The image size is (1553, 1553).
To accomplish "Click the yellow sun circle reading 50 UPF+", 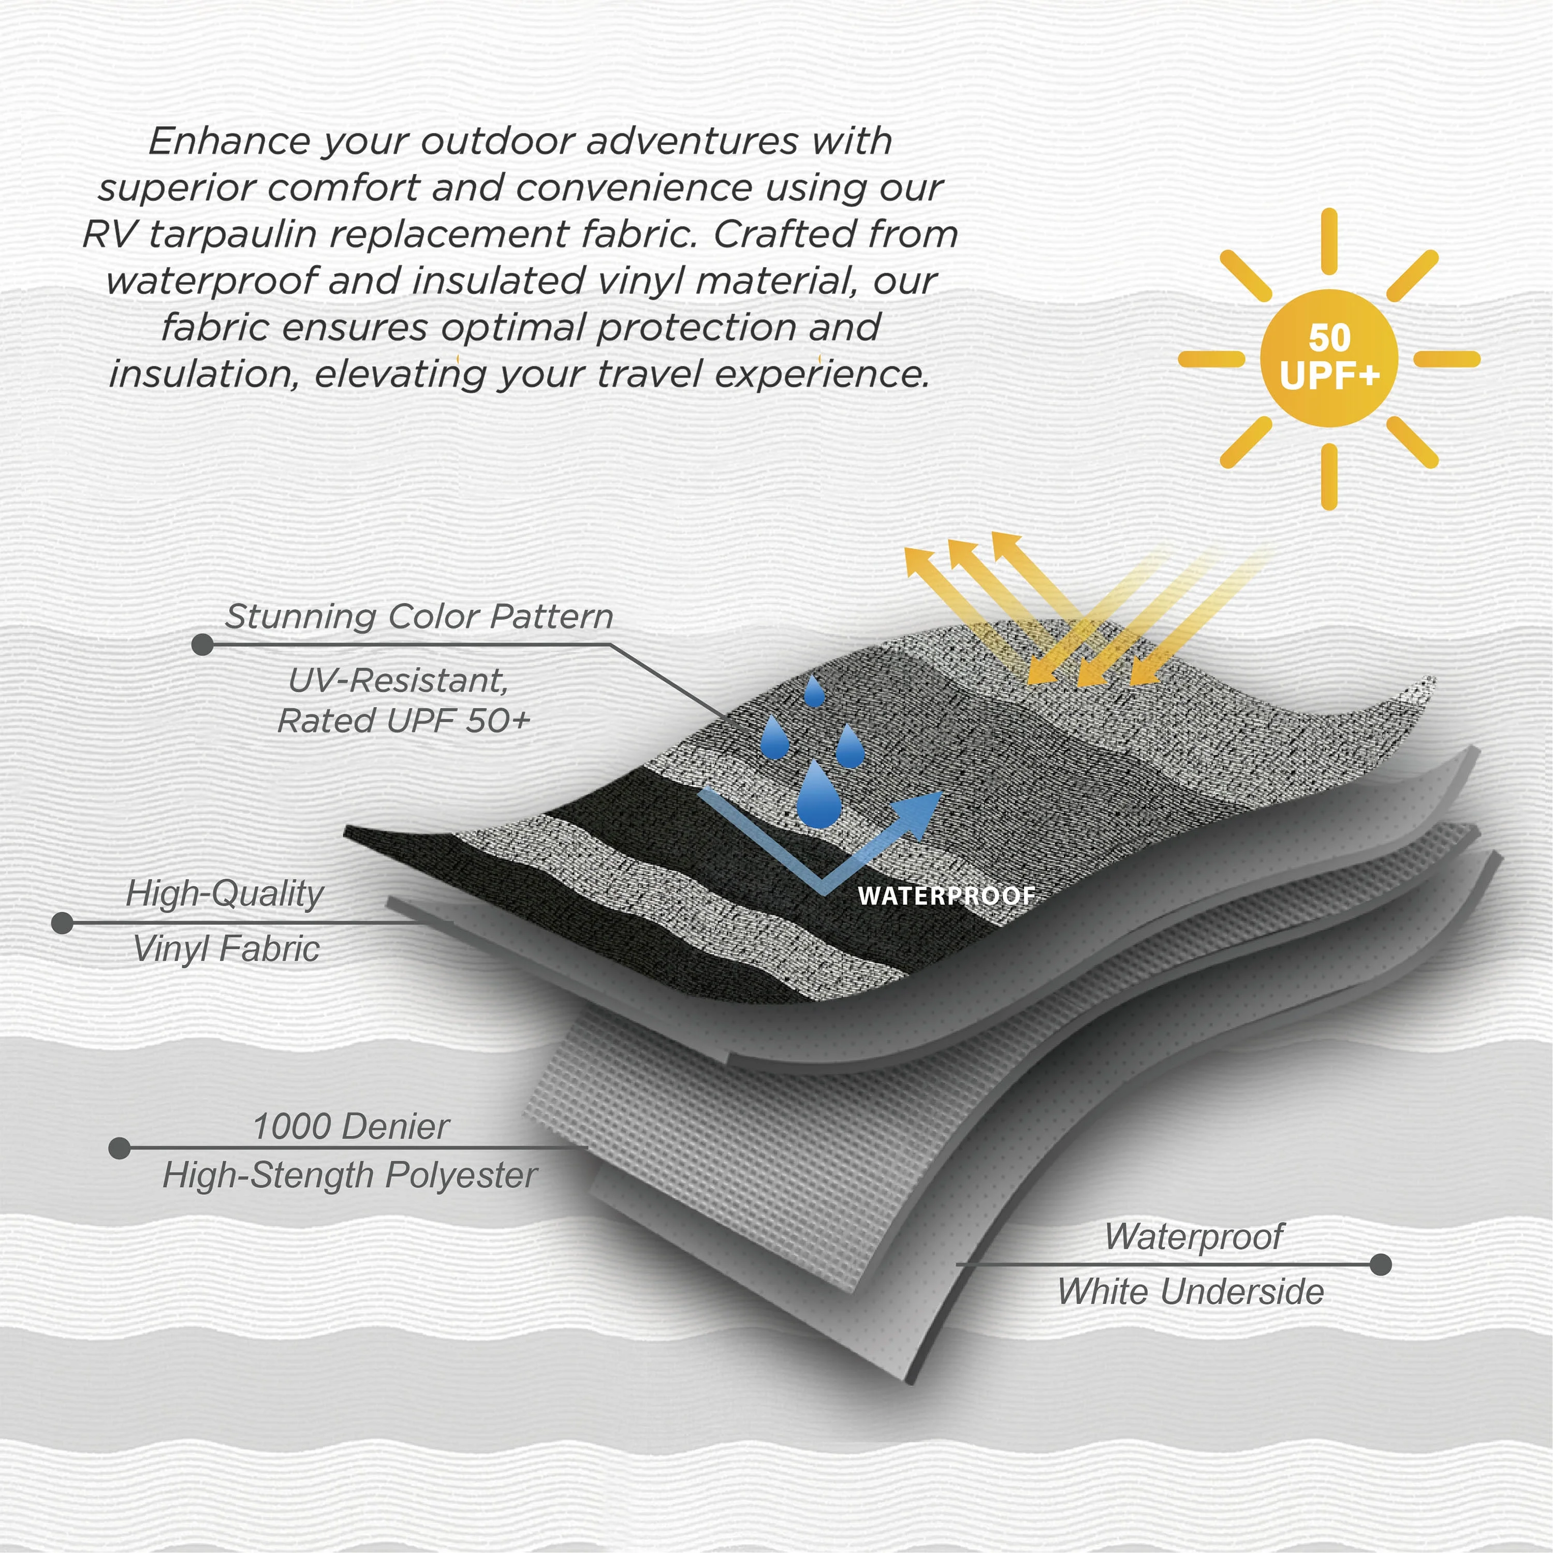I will [x=1329, y=358].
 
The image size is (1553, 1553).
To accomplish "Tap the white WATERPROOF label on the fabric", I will [x=946, y=896].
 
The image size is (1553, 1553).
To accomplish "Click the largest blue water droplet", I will [x=818, y=796].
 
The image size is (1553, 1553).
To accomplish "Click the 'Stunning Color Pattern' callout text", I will [x=419, y=617].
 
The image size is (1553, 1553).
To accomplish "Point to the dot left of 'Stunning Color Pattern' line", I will [x=202, y=644].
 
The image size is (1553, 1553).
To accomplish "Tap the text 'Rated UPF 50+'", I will [x=404, y=721].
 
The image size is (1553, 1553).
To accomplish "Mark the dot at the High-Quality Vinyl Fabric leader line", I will [x=62, y=923].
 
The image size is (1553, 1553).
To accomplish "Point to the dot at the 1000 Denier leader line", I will [x=119, y=1148].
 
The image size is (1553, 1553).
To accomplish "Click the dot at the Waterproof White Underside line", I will [x=1380, y=1265].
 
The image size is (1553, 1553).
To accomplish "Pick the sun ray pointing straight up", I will [x=1329, y=241].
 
